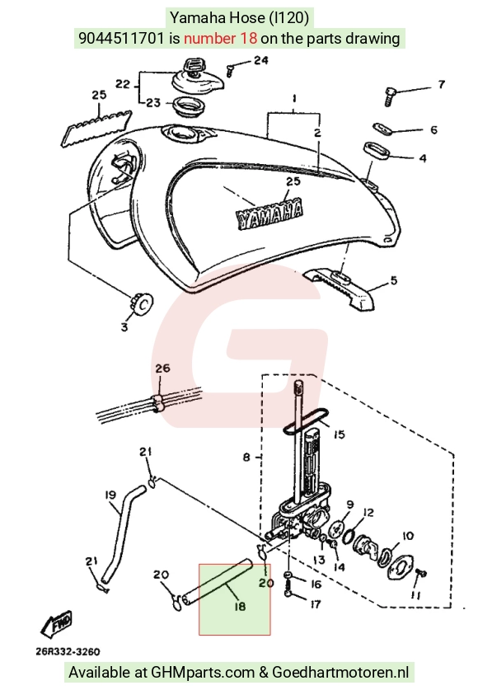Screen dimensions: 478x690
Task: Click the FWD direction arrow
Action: coord(56,623)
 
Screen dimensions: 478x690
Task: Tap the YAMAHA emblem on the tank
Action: coord(269,215)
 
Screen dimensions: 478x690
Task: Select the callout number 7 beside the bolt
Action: coord(441,84)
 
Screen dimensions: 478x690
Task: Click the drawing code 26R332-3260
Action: coord(68,651)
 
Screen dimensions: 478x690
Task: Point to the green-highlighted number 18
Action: coord(240,607)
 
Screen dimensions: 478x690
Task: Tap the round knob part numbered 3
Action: coord(143,303)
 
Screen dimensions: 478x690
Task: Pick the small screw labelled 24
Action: coord(230,70)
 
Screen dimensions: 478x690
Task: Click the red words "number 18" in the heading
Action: coord(220,38)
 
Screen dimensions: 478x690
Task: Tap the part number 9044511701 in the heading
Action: coord(121,38)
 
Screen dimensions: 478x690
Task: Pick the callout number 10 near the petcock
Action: coord(408,536)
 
